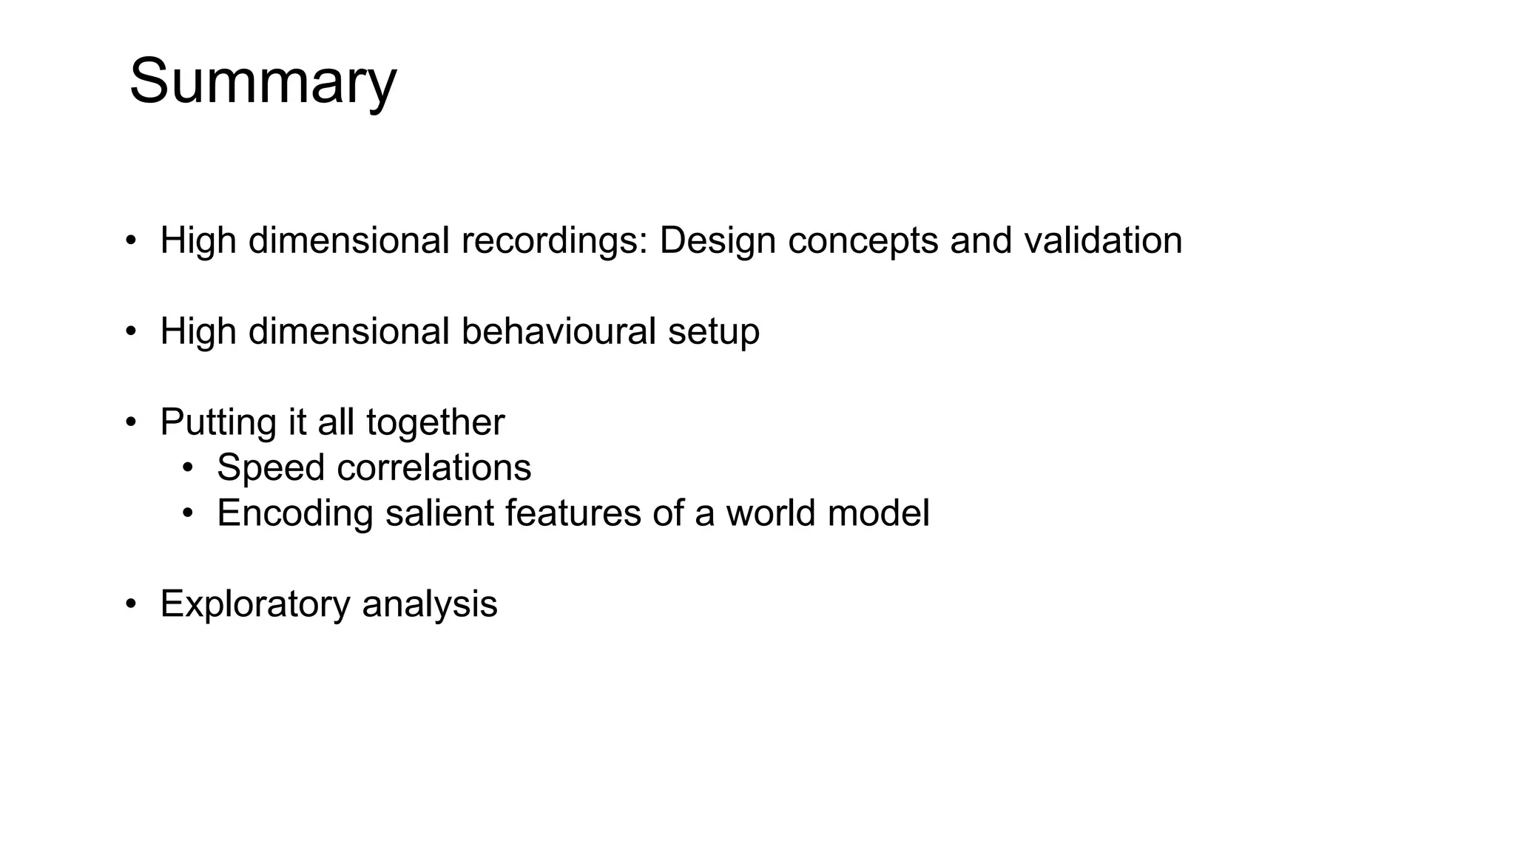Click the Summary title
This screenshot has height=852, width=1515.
click(x=263, y=81)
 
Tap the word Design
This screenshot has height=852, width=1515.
click(x=718, y=240)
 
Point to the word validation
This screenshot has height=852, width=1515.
click(x=1103, y=240)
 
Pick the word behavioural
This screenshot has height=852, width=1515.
click(x=559, y=331)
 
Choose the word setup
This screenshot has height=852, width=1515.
click(x=713, y=331)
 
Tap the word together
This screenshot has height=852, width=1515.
click(x=435, y=422)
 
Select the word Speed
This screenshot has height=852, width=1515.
click(x=271, y=467)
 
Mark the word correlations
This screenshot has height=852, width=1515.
click(x=433, y=467)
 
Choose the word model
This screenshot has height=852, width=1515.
click(x=878, y=513)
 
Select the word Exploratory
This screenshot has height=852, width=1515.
click(x=254, y=603)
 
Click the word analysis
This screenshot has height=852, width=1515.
click(x=430, y=603)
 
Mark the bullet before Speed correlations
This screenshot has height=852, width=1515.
click(x=188, y=468)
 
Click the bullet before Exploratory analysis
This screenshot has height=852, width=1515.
click(x=131, y=604)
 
